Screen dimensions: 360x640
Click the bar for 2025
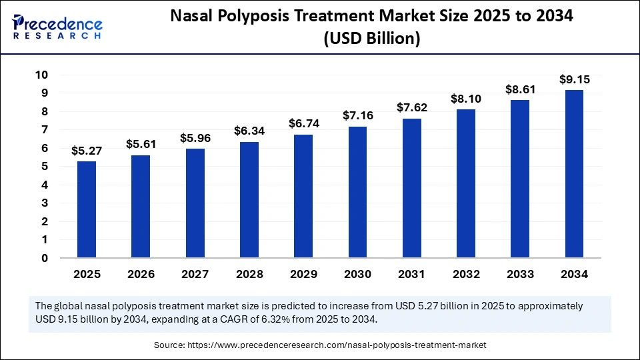[x=87, y=209]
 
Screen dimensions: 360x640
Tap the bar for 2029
[x=303, y=196]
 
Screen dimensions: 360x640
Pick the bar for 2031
[x=411, y=188]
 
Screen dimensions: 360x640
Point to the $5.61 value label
[x=141, y=143]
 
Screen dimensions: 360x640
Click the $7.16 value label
[x=357, y=115]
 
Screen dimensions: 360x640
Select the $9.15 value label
[x=574, y=79]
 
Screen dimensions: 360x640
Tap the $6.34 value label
[x=249, y=131]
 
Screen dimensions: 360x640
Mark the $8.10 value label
[x=465, y=99]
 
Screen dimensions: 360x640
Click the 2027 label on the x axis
[x=195, y=274]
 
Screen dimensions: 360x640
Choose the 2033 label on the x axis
[x=520, y=274]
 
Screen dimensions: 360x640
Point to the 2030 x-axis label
[x=357, y=274]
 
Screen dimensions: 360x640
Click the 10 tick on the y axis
[x=41, y=75]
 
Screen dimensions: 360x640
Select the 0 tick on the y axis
[x=45, y=258]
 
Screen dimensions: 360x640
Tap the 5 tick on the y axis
[x=45, y=167]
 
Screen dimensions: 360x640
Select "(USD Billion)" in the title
[x=371, y=40]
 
